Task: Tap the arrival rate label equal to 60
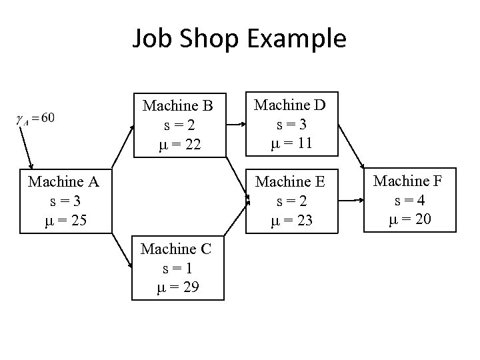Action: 36,119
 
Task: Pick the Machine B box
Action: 178,125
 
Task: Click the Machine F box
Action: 409,200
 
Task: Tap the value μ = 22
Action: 178,144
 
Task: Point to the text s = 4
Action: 409,201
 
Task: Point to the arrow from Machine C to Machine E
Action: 237,217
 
